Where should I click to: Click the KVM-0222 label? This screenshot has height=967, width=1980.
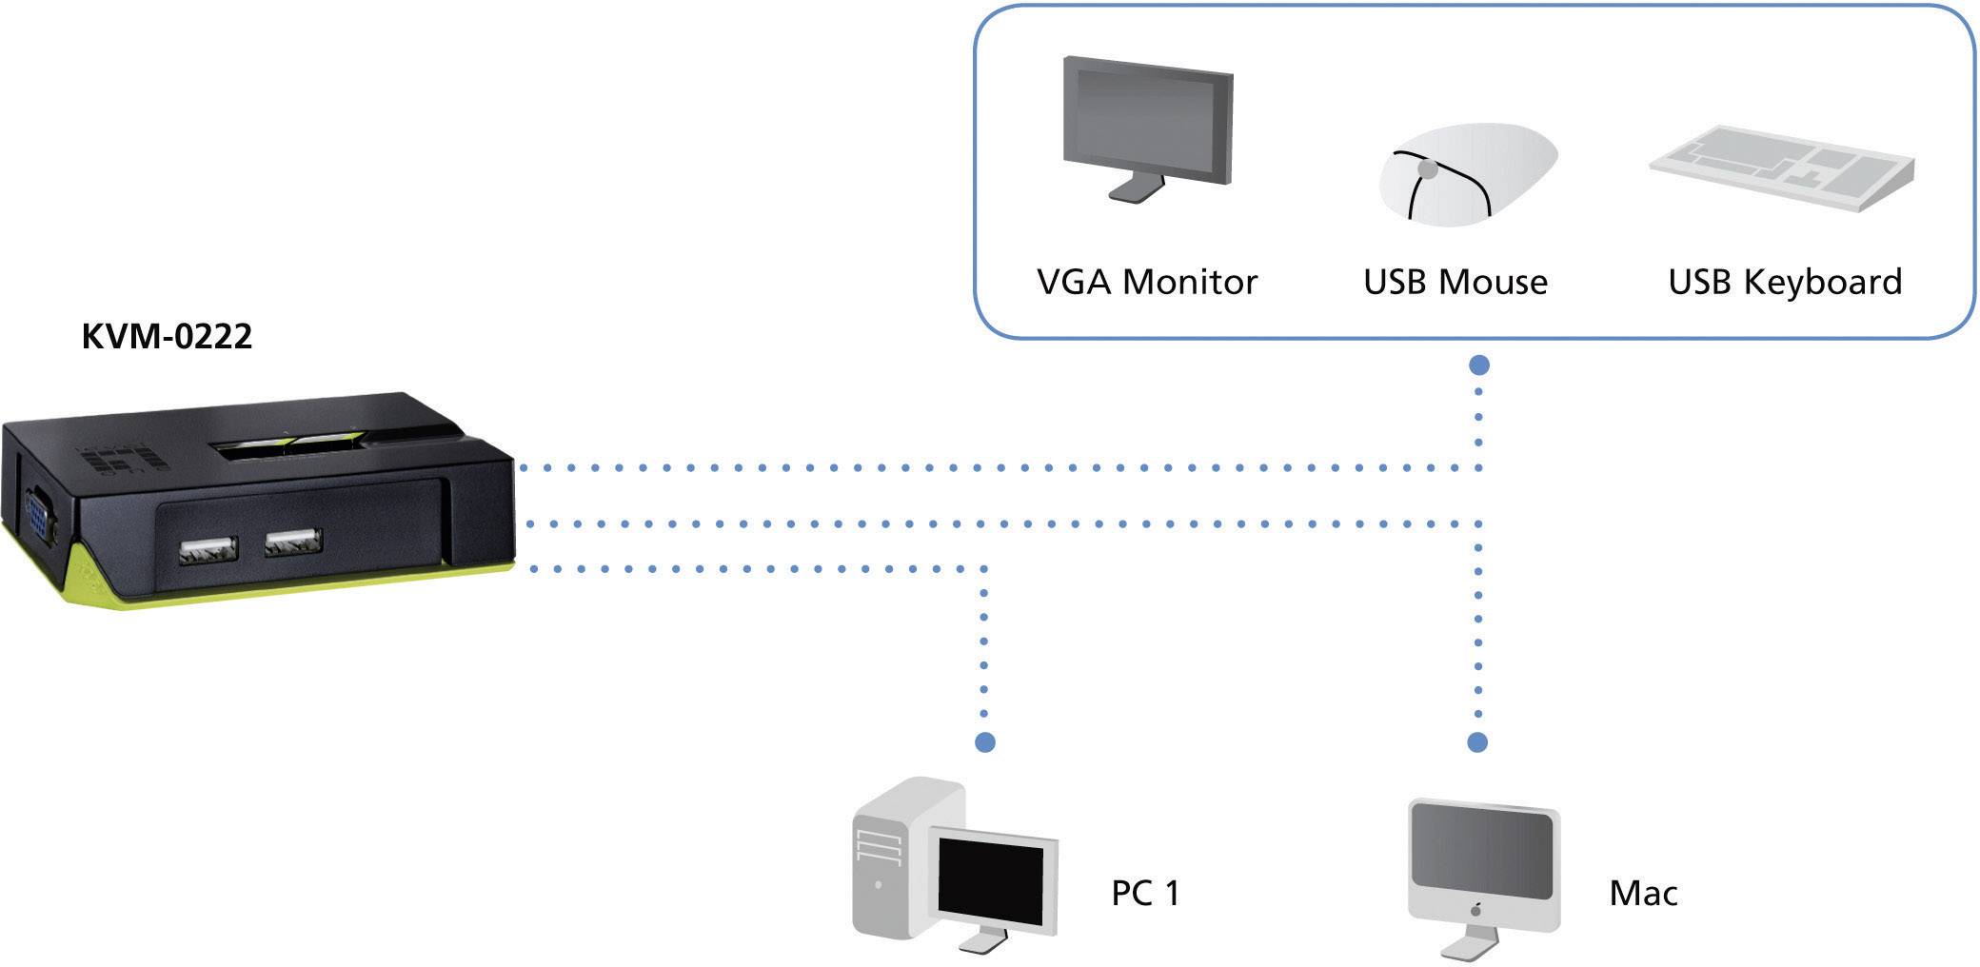[167, 337]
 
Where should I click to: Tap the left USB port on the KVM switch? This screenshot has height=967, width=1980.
[207, 549]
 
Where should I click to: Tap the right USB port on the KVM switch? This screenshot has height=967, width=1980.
[293, 543]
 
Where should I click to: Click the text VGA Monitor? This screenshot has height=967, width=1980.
[1147, 283]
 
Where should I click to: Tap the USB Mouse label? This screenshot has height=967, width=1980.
[1455, 283]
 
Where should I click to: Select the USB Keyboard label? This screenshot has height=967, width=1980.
[1785, 283]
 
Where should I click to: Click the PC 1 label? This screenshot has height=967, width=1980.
[1145, 893]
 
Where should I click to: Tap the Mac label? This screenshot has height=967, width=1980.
[1643, 893]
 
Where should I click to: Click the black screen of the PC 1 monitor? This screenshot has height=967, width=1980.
[990, 877]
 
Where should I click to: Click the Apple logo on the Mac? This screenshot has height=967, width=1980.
[1476, 908]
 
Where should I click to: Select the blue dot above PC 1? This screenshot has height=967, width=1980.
[985, 741]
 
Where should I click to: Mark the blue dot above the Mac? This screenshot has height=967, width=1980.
[1477, 741]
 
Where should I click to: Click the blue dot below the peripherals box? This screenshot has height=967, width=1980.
[1478, 365]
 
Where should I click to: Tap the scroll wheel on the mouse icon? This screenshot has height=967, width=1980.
[1427, 169]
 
